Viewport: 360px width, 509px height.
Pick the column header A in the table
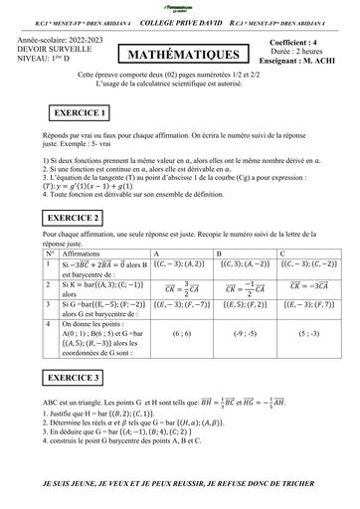[x=149, y=254]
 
